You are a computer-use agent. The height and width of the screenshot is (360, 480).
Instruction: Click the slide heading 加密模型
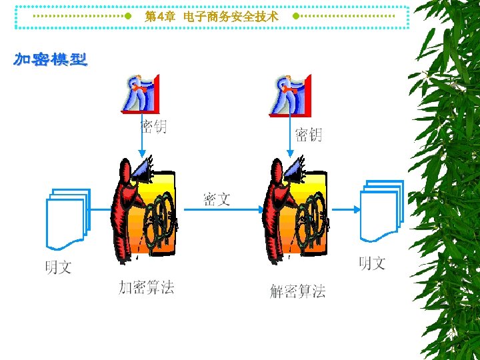point(51,60)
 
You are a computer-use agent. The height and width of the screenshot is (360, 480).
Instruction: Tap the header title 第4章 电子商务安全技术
point(211,17)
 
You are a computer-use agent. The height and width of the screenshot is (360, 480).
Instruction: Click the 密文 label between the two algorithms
point(217,199)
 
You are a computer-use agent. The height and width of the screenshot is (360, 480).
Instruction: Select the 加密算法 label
point(146,287)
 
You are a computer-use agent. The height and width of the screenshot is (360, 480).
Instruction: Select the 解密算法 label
point(297,291)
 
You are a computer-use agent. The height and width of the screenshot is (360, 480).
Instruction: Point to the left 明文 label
point(58,267)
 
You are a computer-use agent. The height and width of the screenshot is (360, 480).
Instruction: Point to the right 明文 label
point(372,263)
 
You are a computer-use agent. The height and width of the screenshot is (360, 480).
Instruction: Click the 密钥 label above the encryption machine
point(153,126)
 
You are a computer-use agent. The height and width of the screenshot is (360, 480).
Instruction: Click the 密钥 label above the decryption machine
point(308,135)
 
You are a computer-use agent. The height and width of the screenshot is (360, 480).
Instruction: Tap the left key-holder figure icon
point(141,93)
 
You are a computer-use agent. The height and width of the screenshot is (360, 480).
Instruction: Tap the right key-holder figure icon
point(290,95)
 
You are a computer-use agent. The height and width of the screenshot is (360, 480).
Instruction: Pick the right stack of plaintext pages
point(381,211)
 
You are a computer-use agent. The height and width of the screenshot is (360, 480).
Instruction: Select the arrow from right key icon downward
point(289,137)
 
